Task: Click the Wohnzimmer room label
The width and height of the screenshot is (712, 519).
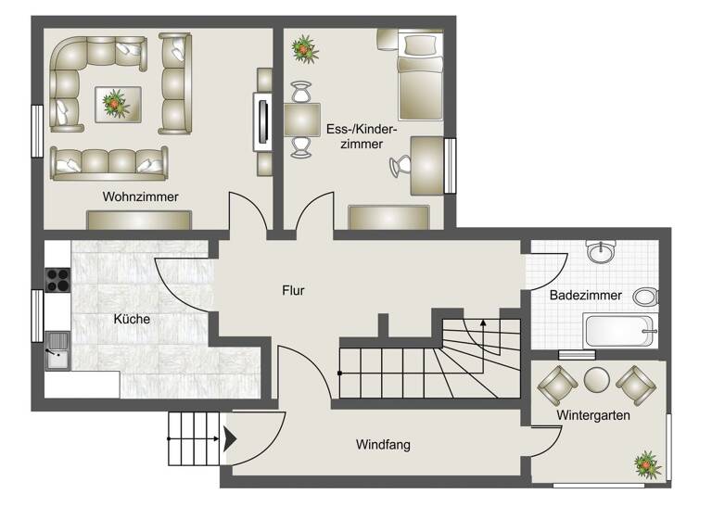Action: (141, 196)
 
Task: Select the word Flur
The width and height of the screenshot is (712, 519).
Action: (293, 290)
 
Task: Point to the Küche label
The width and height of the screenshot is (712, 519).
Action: (132, 319)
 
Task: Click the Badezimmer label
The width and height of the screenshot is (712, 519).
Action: (579, 296)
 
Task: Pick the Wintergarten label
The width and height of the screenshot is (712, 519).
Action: (593, 415)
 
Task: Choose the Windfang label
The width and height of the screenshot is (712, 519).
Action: (383, 445)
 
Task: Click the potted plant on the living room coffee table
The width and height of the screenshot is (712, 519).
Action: (116, 102)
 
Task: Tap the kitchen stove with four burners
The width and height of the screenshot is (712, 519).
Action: (57, 279)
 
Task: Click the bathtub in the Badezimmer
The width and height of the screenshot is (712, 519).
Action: (619, 330)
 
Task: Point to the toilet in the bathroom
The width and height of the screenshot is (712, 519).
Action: (645, 297)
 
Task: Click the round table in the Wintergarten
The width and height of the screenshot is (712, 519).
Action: (596, 379)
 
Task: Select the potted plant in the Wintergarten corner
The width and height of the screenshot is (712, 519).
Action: (646, 462)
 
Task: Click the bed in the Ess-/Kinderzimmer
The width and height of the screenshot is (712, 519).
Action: (420, 74)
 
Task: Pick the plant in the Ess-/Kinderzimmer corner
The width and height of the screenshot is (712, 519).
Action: (302, 47)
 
